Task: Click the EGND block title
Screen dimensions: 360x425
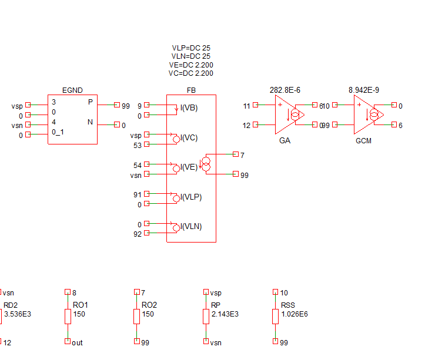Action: [72, 90]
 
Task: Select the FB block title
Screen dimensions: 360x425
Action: [191, 90]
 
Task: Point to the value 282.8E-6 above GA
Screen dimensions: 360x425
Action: [285, 90]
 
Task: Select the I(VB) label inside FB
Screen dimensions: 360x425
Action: [189, 108]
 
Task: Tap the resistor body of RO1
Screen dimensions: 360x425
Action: [68, 317]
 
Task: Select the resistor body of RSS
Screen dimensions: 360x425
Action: [275, 317]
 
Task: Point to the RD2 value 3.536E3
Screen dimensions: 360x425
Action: [17, 314]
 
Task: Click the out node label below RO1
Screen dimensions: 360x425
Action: [77, 342]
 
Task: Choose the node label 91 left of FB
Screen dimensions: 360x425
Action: [138, 194]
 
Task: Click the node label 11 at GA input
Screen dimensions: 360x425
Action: [246, 106]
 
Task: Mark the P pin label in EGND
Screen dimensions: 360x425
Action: [90, 102]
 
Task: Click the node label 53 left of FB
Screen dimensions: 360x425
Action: [138, 145]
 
